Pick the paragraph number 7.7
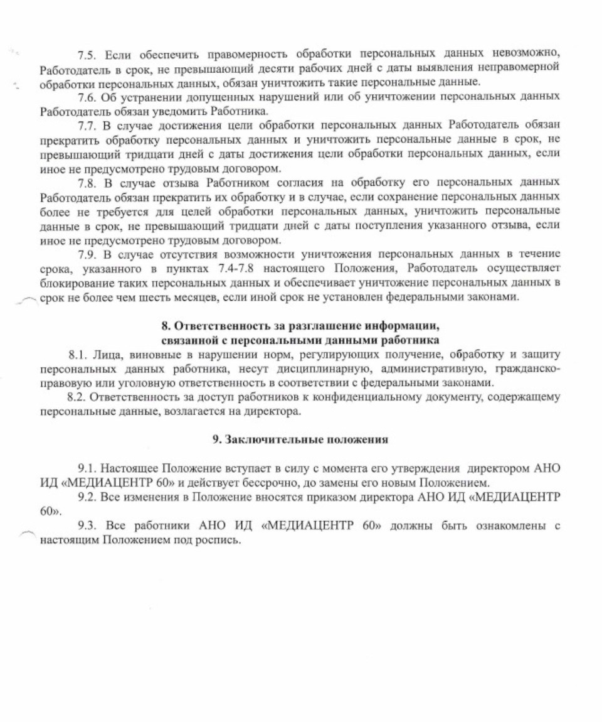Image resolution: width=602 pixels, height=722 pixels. tap(87, 124)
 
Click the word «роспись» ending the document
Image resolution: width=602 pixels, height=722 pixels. tap(221, 541)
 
